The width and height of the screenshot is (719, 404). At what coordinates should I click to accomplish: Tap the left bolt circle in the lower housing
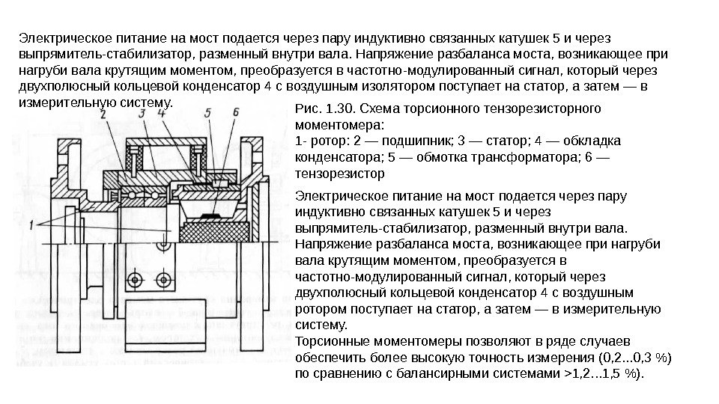136,280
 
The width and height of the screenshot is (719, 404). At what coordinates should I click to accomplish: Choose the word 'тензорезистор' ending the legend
341,174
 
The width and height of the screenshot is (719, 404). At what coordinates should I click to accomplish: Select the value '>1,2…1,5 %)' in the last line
602,373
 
